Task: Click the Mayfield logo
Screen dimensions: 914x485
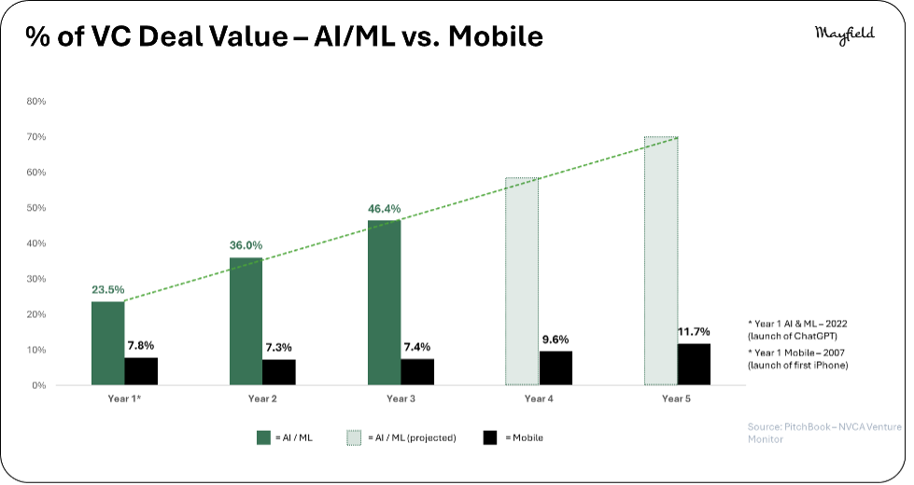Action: click(845, 35)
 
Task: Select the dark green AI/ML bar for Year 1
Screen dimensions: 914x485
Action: click(108, 343)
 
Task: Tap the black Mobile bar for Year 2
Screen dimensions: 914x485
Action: click(278, 372)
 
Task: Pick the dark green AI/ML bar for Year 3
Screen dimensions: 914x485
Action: click(384, 303)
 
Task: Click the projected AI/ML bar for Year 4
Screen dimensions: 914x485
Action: click(522, 282)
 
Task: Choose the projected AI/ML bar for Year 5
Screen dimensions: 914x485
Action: click(661, 261)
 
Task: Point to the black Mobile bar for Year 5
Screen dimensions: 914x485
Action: click(694, 365)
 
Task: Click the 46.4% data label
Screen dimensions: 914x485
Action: click(384, 209)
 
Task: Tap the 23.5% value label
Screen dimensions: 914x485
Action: click(108, 290)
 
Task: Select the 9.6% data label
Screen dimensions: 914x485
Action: click(555, 339)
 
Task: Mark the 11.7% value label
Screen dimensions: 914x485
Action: click(694, 332)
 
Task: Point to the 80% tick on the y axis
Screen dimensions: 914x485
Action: click(36, 102)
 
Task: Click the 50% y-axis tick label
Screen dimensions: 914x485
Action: click(36, 208)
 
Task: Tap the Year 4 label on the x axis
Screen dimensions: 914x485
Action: click(539, 399)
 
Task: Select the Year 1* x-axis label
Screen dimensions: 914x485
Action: click(124, 399)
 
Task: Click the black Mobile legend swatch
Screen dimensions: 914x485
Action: click(490, 437)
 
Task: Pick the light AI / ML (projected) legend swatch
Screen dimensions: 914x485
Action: click(354, 437)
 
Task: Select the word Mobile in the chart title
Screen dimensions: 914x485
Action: click(496, 36)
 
